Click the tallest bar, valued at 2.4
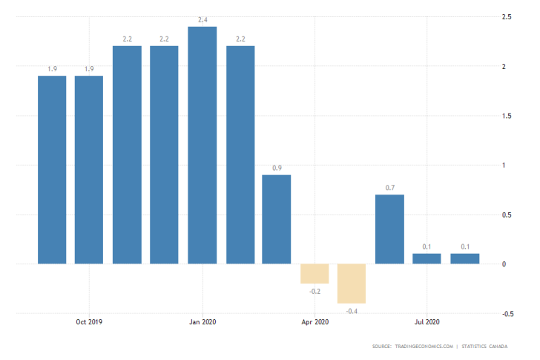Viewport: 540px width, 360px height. pyautogui.click(x=202, y=145)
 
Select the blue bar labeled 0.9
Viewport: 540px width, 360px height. pyautogui.click(x=277, y=219)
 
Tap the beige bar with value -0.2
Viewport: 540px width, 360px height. pyautogui.click(x=315, y=273)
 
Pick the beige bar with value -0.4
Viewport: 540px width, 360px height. pyautogui.click(x=352, y=283)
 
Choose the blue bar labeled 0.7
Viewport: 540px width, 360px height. pyautogui.click(x=389, y=229)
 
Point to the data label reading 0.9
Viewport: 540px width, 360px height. pyautogui.click(x=277, y=168)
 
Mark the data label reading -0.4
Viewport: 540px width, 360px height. pyautogui.click(x=352, y=310)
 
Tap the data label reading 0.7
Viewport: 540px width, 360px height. pyautogui.click(x=389, y=188)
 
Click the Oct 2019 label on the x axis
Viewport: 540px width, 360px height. pyautogui.click(x=89, y=322)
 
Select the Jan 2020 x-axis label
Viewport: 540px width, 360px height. pyautogui.click(x=202, y=322)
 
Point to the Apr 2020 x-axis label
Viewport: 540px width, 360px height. pyautogui.click(x=315, y=322)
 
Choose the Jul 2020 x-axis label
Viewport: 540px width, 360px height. pyautogui.click(x=427, y=322)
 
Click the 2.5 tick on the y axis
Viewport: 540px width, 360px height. pyautogui.click(x=507, y=17)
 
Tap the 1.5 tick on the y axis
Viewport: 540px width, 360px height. pyautogui.click(x=507, y=116)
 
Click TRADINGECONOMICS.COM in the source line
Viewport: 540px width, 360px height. pyautogui.click(x=423, y=347)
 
